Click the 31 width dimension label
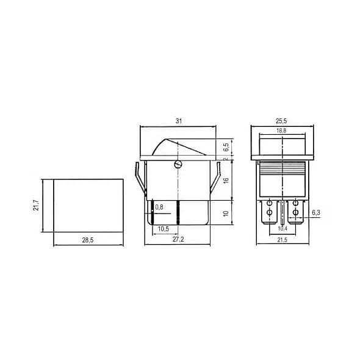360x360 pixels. pos(178,121)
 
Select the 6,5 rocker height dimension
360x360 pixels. pos(225,147)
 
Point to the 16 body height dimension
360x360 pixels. pos(225,181)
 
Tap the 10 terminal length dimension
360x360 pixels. pos(225,214)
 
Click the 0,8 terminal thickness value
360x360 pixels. pos(160,208)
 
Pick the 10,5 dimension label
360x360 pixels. pos(164,229)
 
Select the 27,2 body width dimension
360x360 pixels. pos(178,240)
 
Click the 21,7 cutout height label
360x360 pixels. pos(36,205)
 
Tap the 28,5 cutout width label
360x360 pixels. pos(87,240)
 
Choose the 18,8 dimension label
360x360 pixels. pos(281,131)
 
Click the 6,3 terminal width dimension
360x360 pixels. pos(315,212)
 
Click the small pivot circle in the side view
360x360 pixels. pos(178,164)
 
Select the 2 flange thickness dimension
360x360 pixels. pos(225,159)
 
